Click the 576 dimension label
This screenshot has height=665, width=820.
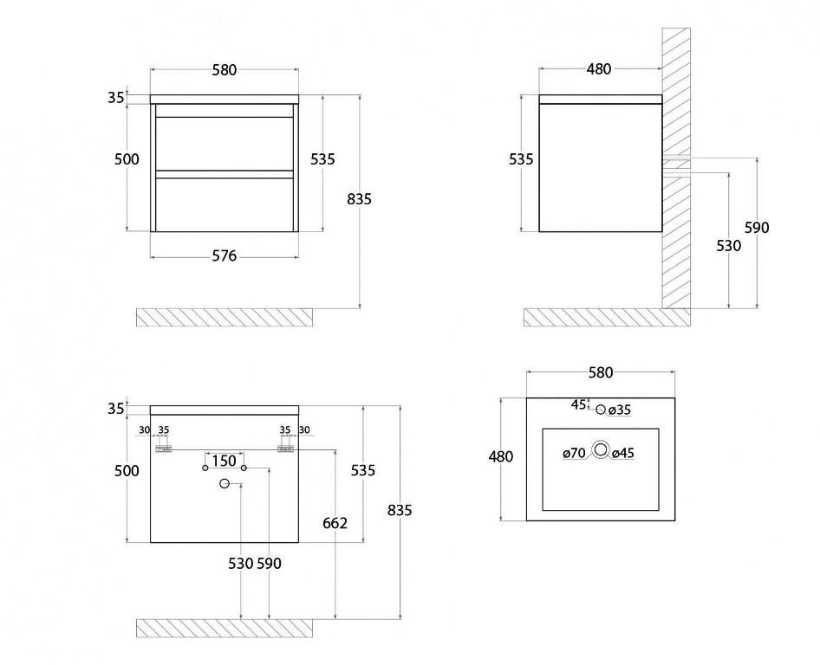pos(225,256)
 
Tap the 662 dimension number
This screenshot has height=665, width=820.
pos(335,523)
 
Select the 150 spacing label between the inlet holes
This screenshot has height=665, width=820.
pos(225,462)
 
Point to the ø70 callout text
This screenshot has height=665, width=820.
pos(574,453)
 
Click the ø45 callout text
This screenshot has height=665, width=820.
pos(623,453)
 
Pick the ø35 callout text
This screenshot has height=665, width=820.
pos(620,410)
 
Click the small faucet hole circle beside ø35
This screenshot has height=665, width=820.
pos(601,410)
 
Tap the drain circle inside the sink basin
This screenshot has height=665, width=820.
pos(601,449)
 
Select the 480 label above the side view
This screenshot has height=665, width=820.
pos(599,69)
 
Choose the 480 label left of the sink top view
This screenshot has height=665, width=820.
pos(501,456)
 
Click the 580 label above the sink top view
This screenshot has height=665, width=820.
pos(601,372)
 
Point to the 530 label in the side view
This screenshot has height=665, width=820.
pos(728,246)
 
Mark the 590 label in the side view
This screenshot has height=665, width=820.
pos(758,228)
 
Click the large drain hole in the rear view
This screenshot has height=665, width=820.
pos(225,484)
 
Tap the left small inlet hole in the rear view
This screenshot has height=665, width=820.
pos(205,468)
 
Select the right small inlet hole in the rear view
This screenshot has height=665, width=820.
pos(244,468)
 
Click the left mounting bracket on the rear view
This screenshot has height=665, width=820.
pos(164,449)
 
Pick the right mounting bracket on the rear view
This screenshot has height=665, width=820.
pos(285,449)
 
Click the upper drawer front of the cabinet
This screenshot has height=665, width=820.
pos(225,143)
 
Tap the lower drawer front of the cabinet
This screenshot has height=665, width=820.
pos(225,204)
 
